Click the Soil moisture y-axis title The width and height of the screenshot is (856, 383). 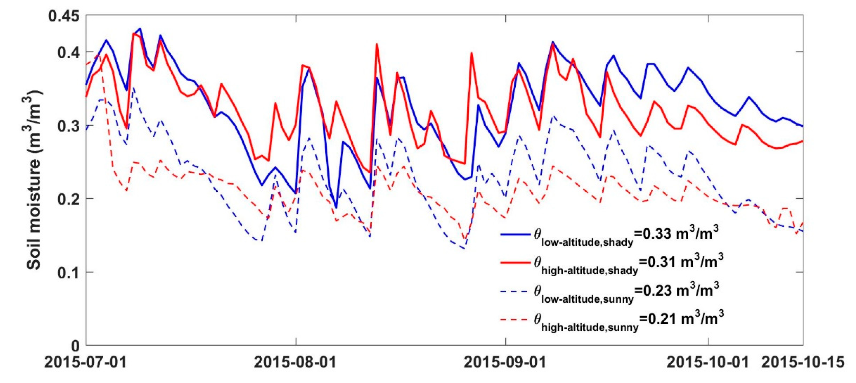tap(34, 180)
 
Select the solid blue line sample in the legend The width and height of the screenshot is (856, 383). tap(515, 235)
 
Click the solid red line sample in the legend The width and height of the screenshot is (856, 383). tap(515, 263)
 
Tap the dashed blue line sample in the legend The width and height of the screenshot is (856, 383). tap(515, 291)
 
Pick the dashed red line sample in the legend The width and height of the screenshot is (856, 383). tap(515, 320)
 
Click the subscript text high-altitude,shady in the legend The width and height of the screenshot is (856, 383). tap(589, 271)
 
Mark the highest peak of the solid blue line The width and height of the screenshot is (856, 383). tap(140, 29)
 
